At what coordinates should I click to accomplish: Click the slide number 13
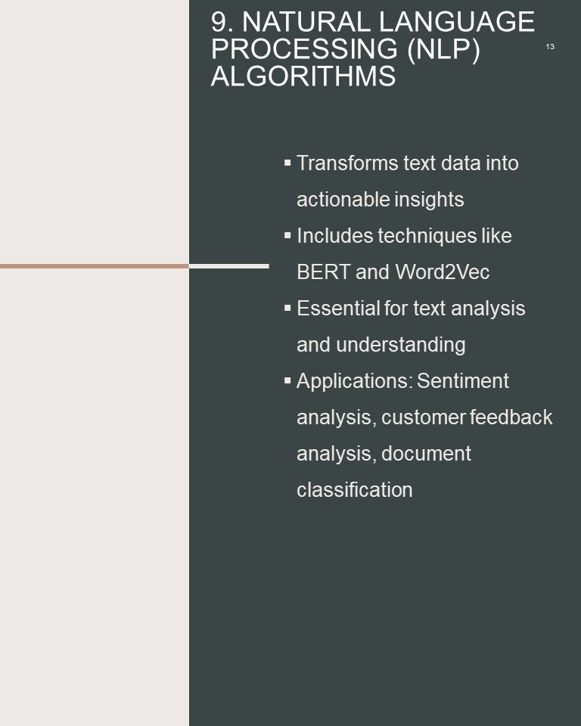550,47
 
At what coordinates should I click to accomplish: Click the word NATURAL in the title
306,22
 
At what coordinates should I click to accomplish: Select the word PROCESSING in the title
304,48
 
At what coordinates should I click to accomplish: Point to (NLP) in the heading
443,49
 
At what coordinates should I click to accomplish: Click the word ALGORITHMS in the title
303,76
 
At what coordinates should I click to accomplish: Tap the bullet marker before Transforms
287,163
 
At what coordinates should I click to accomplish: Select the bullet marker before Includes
287,236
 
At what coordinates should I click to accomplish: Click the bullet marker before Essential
287,308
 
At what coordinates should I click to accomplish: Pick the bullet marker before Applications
287,380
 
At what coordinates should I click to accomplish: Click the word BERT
323,272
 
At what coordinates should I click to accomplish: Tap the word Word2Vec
443,272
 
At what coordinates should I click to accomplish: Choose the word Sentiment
463,381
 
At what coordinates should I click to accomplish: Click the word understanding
401,345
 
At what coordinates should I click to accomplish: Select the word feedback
511,417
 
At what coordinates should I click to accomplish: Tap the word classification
355,490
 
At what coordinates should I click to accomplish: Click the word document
426,454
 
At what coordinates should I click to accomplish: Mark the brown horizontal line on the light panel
95,266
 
